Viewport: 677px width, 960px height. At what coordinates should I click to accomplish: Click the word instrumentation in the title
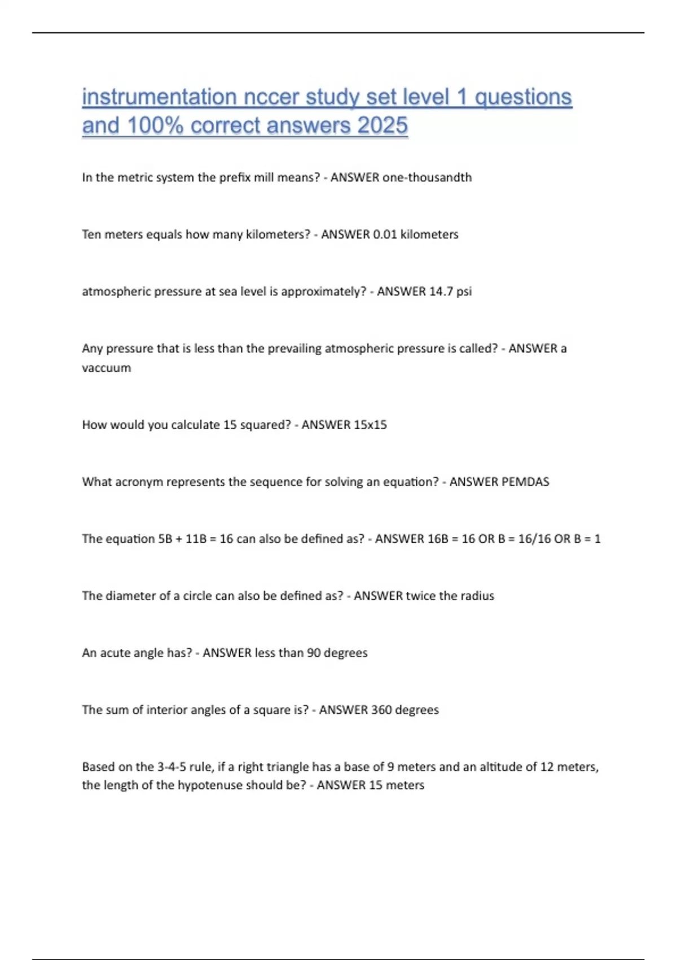click(159, 97)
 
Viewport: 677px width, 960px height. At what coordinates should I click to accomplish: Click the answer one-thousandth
click(427, 177)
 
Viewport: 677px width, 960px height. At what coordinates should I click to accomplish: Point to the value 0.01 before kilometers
click(385, 234)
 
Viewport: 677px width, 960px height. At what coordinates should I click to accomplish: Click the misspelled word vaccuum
click(107, 368)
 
